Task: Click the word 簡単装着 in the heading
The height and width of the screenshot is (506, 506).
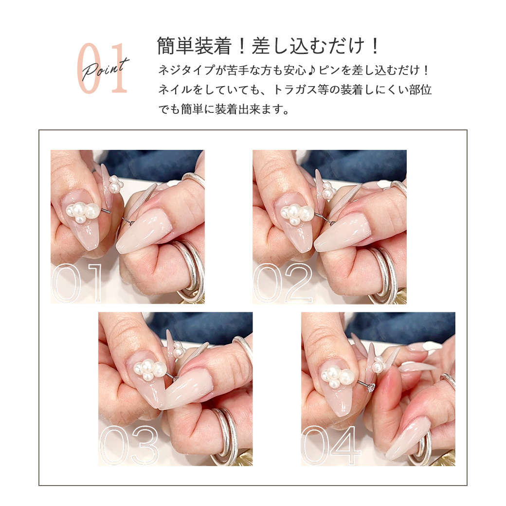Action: (194, 46)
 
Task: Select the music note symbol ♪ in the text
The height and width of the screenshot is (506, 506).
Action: (312, 71)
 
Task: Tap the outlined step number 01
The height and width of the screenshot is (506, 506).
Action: (77, 283)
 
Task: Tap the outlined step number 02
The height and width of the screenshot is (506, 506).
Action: (283, 283)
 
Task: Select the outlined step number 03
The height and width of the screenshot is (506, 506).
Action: (129, 445)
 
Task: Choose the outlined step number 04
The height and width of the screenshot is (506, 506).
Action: (330, 445)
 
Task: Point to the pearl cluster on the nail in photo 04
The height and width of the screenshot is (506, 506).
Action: (338, 376)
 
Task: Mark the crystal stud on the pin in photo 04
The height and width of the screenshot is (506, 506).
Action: (371, 388)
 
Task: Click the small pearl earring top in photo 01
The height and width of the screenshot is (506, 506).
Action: (115, 184)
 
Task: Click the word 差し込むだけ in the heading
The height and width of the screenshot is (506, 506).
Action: (308, 46)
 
